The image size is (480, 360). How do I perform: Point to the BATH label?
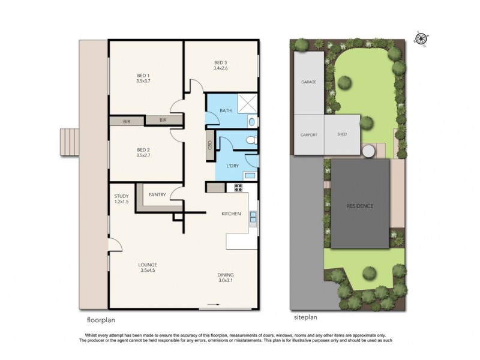coord(226,110)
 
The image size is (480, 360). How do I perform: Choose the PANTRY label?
coord(157,194)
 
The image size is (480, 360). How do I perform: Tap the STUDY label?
coord(122,196)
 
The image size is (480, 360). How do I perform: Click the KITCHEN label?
coord(231,214)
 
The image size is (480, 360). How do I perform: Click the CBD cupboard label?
coord(209,146)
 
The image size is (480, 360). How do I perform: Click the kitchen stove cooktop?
coord(238,187)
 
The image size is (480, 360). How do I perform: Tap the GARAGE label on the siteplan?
coord(308,82)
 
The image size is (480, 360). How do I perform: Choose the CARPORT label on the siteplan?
coord(308,135)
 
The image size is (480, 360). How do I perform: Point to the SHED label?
coord(341,135)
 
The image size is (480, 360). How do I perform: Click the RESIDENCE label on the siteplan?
coord(360,206)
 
